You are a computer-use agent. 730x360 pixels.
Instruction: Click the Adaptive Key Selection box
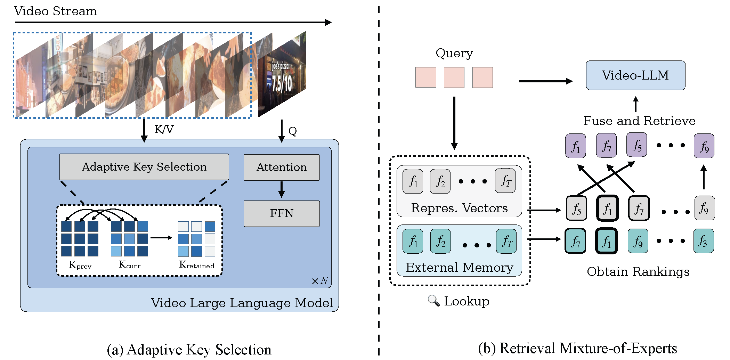point(144,167)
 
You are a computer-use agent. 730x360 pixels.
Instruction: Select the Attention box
point(282,167)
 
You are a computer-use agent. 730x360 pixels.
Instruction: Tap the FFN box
point(282,213)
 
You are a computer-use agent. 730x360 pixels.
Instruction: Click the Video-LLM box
point(635,75)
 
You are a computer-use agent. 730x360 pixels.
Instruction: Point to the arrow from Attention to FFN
point(282,190)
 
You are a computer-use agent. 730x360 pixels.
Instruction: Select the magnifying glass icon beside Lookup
point(433,301)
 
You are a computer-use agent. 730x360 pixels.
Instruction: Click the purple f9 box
point(704,146)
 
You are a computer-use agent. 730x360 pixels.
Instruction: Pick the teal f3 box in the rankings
point(703,241)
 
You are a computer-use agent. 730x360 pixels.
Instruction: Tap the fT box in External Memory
point(506,241)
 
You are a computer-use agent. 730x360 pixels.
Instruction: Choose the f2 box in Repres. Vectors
point(440,181)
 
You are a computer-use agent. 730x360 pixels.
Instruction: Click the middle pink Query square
point(454,77)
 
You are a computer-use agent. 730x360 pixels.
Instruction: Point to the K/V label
point(164,130)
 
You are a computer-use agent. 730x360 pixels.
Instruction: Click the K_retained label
point(197,265)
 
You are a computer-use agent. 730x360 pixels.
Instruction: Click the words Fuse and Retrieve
point(639,121)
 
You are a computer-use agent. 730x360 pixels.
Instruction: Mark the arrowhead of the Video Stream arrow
point(328,23)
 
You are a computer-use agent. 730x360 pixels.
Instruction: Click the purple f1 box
point(576,146)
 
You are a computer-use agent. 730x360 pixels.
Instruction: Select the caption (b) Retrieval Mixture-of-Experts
point(577,348)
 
